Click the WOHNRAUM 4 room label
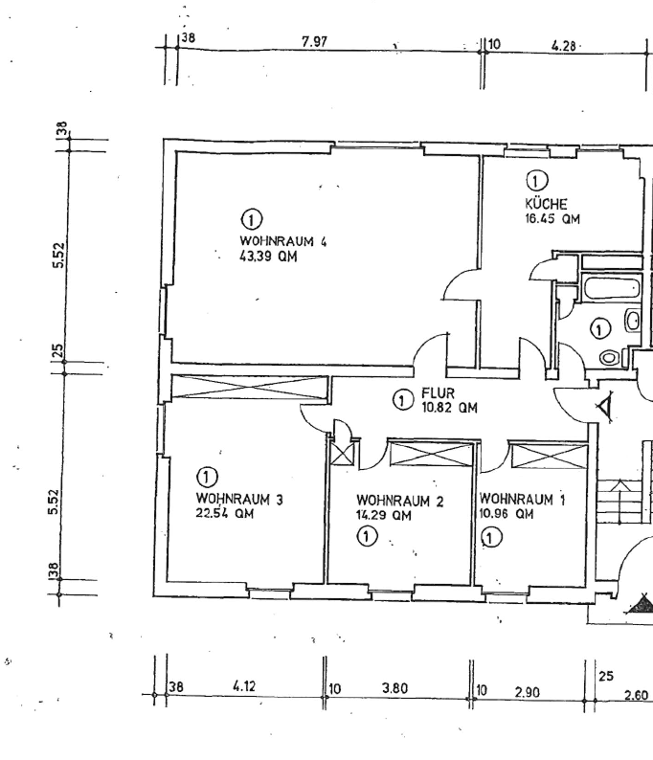pos(283,241)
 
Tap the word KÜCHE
pos(547,204)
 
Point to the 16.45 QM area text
pos(552,218)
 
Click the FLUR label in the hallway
pos(438,393)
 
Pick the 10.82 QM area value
pos(449,408)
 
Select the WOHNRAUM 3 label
pos(239,499)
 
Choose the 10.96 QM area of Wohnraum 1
pos(507,513)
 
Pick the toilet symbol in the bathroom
pos(610,357)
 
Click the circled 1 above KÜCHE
pos(536,180)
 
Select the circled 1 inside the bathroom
pos(599,329)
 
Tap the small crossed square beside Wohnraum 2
pos(343,453)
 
